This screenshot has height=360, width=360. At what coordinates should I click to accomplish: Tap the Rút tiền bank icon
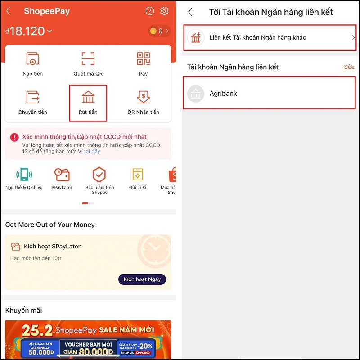click(88, 97)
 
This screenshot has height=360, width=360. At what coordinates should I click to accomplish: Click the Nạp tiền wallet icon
click(32, 58)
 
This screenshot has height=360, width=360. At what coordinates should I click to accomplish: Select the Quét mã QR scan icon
click(88, 58)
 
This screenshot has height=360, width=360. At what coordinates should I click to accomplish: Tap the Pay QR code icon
click(143, 58)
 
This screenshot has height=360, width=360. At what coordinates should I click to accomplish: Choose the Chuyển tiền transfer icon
click(32, 97)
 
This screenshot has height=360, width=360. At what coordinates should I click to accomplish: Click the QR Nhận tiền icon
click(143, 97)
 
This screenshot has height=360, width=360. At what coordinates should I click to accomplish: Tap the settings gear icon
click(164, 11)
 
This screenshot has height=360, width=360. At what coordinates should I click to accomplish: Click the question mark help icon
click(150, 11)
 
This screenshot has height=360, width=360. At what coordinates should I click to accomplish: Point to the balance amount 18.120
click(27, 31)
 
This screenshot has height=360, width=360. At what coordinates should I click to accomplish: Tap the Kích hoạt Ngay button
click(142, 279)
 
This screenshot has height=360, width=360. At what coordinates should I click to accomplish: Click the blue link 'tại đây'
click(92, 152)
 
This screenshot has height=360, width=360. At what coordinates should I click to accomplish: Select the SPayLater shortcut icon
click(62, 175)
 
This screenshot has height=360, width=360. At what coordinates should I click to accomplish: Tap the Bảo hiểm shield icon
click(99, 175)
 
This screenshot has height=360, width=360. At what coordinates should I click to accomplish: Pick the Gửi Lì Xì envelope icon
click(137, 175)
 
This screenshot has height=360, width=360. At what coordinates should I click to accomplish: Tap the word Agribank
click(223, 94)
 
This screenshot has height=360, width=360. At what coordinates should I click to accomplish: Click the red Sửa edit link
click(349, 67)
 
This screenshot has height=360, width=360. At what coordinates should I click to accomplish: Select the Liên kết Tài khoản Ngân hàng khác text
click(257, 37)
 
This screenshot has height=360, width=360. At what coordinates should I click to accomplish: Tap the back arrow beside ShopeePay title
click(9, 11)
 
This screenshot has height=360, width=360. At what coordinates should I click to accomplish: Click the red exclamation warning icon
click(14, 137)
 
